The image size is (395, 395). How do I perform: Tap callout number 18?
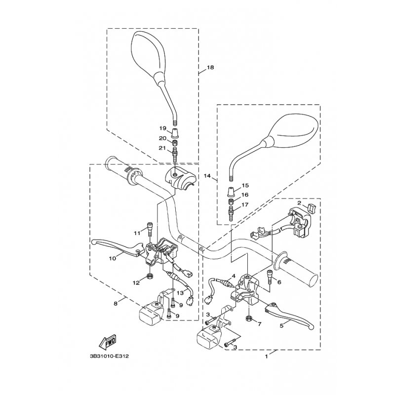(210, 67)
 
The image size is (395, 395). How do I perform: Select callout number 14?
(207, 176)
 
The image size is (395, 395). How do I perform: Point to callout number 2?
(299, 203)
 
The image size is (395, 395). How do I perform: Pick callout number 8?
(116, 304)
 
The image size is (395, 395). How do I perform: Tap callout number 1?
(266, 356)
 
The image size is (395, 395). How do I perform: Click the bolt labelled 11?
(150, 229)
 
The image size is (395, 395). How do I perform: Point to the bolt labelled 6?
(270, 276)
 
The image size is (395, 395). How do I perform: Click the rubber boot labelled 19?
(175, 133)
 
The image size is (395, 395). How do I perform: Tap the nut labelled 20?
(174, 144)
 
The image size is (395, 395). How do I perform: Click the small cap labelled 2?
(311, 208)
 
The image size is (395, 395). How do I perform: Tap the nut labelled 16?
(231, 201)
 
